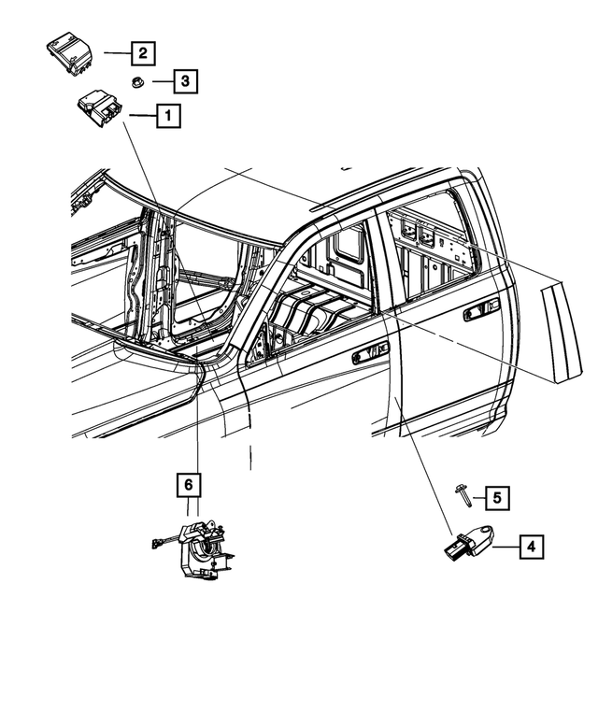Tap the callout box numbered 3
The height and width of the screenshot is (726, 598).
[185, 82]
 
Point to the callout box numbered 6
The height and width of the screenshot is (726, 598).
[188, 485]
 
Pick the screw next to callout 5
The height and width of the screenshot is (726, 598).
[463, 494]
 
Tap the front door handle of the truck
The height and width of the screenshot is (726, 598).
[370, 351]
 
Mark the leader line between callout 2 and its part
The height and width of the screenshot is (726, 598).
[115, 53]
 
